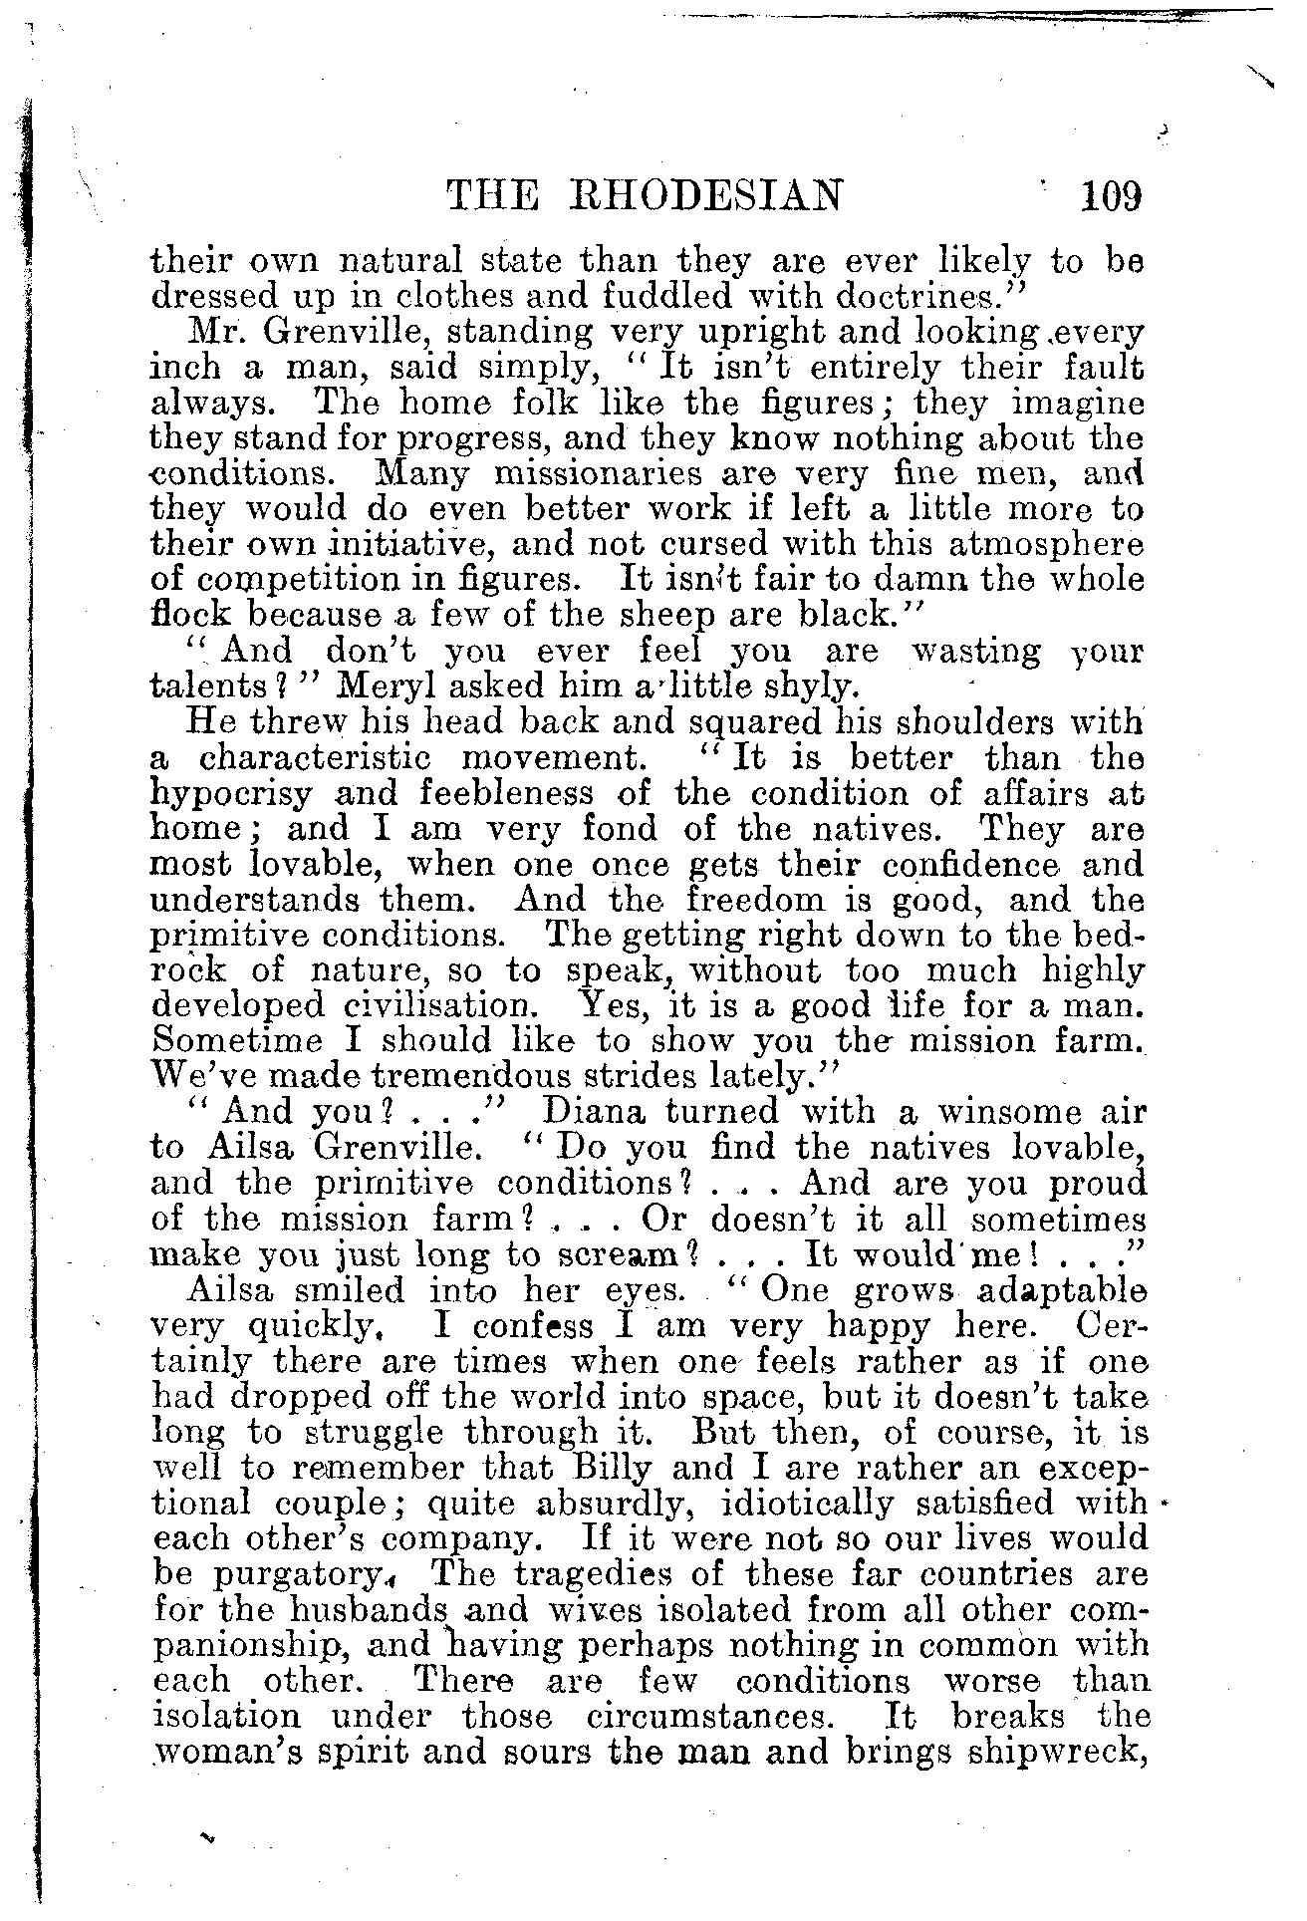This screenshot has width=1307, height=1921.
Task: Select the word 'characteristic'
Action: (x=316, y=758)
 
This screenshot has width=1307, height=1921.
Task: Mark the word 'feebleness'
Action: (x=514, y=794)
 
